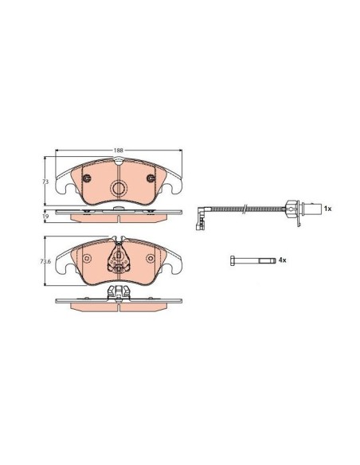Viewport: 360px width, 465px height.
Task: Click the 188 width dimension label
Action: click(x=119, y=150)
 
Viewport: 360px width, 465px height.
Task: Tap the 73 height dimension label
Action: click(x=45, y=182)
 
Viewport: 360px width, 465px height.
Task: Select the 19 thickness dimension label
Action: click(x=45, y=217)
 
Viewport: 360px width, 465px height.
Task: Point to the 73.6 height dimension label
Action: click(x=45, y=261)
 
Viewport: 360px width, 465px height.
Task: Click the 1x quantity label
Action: click(x=327, y=209)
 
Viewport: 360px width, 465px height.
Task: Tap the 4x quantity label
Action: click(x=282, y=260)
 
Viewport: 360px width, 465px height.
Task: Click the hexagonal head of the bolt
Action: click(x=233, y=260)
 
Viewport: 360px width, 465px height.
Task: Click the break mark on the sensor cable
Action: click(x=245, y=209)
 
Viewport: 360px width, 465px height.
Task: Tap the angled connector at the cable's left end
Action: click(x=200, y=217)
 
